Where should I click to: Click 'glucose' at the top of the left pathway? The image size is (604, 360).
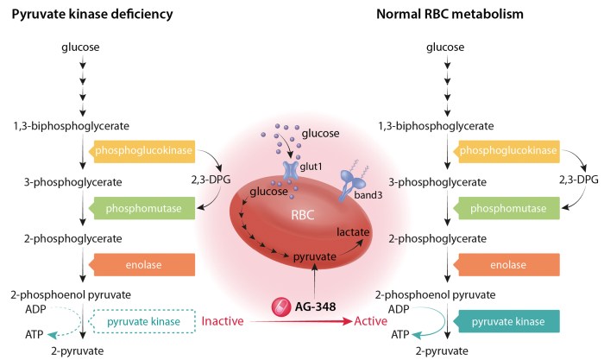coord(81,47)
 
